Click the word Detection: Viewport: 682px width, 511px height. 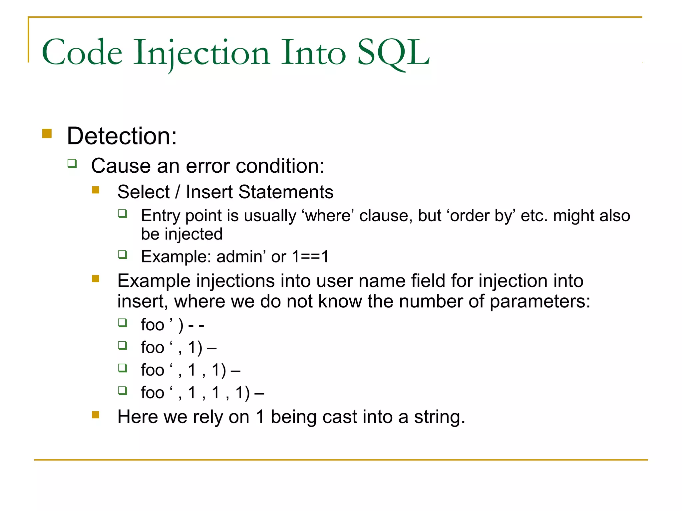[122, 136]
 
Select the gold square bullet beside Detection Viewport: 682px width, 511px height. [47, 133]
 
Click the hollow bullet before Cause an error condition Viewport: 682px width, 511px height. [72, 163]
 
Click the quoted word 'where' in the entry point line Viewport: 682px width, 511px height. [328, 216]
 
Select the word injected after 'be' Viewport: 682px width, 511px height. [193, 234]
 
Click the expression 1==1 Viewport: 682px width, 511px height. [310, 256]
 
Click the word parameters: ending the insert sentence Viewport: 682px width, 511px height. [540, 301]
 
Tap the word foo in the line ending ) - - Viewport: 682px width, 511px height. [153, 325]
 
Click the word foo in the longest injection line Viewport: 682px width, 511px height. [153, 393]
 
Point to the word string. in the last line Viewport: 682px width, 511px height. [439, 417]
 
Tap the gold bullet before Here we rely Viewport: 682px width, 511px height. [96, 415]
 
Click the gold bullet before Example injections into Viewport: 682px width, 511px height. [96, 278]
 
